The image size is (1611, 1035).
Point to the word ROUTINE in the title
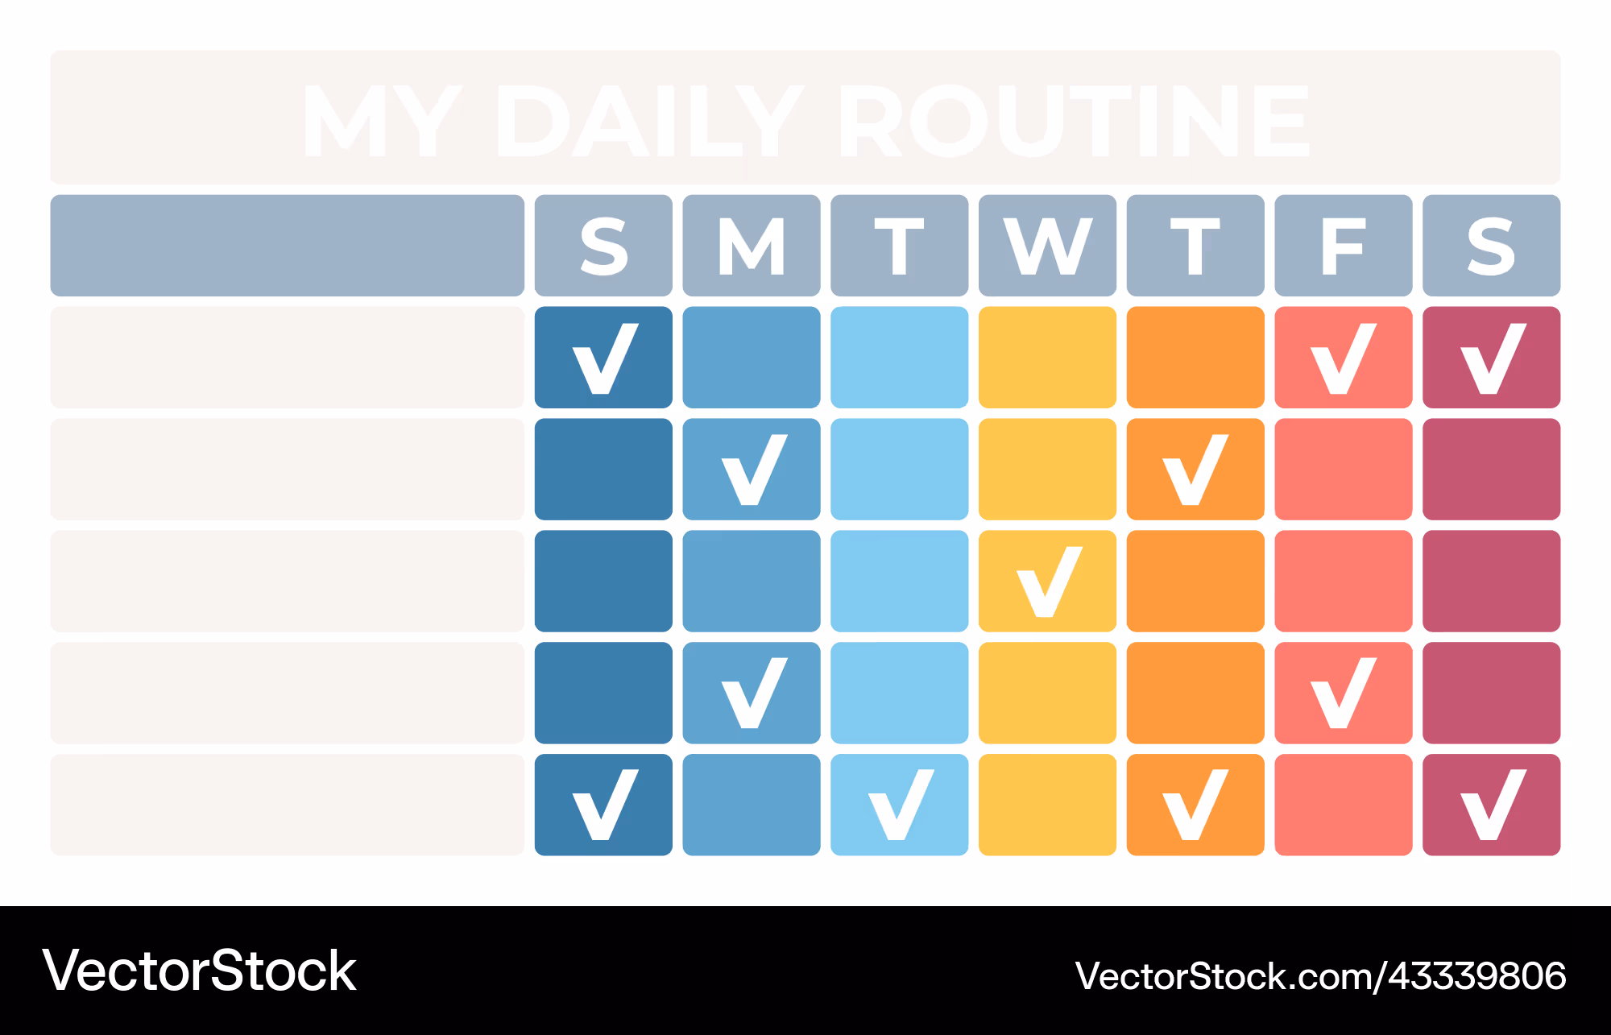coord(1075,121)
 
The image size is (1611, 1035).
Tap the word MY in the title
coord(383,121)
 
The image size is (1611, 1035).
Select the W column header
coord(1047,246)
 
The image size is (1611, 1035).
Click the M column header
coord(752,246)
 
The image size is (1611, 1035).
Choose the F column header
coord(1344,246)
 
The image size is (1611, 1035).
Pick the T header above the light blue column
coord(899,246)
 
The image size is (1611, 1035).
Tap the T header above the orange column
coord(1195,246)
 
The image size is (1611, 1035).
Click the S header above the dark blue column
coord(603,246)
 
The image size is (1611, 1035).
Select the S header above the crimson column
coord(1492,246)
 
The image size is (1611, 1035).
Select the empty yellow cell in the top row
coord(1047,358)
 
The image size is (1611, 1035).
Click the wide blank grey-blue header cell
coord(288,246)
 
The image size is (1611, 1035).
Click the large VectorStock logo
coord(199,971)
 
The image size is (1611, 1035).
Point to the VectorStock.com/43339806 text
coord(1321,976)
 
